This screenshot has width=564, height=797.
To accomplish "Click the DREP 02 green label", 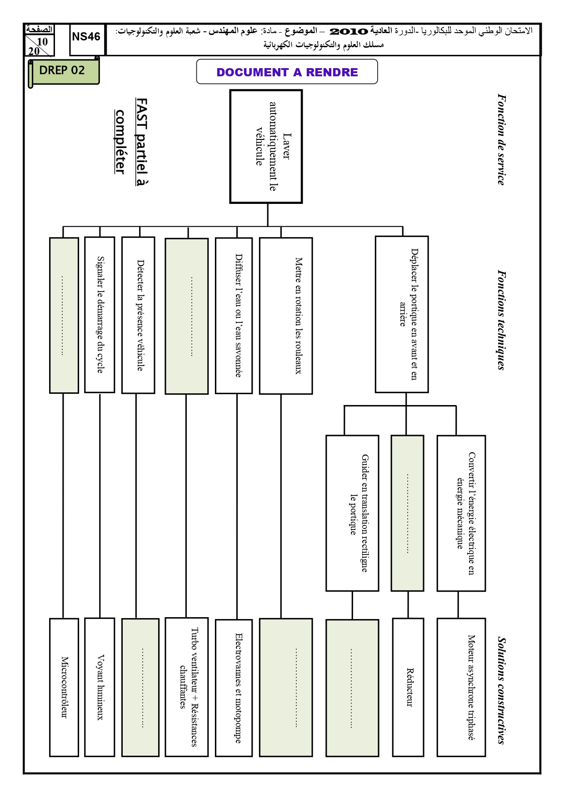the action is point(63,71).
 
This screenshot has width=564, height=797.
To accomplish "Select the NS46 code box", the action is point(86,40).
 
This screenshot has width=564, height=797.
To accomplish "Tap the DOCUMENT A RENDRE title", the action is point(287,72).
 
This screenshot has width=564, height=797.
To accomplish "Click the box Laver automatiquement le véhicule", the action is point(266,146).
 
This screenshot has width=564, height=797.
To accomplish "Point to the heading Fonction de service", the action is point(501,139).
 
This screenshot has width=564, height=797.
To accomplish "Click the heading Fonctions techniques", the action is point(501,320).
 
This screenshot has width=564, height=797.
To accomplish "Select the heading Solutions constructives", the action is point(501,690).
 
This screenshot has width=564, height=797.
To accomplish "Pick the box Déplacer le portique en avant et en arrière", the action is point(402,314).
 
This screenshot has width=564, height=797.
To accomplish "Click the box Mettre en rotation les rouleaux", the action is point(286,316).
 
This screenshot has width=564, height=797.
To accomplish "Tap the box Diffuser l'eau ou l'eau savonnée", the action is point(234,315).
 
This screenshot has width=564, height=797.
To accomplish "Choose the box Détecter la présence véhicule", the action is point(138,315).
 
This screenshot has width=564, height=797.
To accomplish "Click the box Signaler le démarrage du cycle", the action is point(100,314).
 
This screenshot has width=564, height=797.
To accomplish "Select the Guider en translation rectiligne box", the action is point(352,513).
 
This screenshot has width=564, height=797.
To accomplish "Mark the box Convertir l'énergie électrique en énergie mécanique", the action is point(461,513).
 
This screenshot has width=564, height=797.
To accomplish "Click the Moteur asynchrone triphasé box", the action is point(461,687).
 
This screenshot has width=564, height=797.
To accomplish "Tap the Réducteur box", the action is point(408,687).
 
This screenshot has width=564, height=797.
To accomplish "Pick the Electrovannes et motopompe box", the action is point(234,688).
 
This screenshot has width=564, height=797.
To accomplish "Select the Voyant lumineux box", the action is point(100,687).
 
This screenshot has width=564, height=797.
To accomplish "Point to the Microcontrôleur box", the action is point(64,687).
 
